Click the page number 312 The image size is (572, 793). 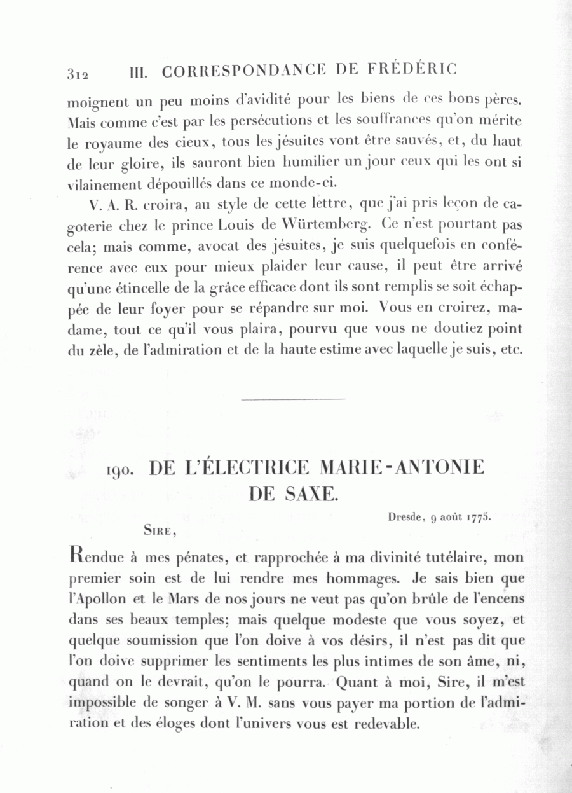pyautogui.click(x=77, y=73)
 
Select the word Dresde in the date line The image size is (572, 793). pyautogui.click(x=405, y=517)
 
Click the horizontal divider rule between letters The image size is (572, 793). pyautogui.click(x=294, y=399)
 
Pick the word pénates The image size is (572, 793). pyautogui.click(x=191, y=558)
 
